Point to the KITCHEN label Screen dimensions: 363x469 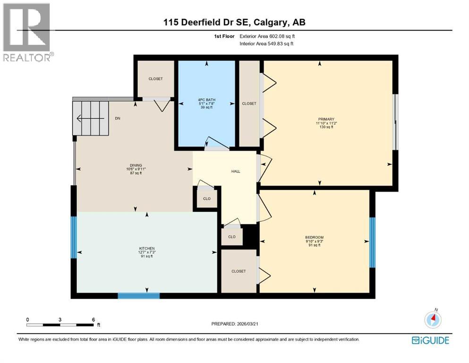146,251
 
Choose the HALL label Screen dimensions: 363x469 236,171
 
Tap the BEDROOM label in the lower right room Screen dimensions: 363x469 314,241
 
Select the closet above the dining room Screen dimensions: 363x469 155,79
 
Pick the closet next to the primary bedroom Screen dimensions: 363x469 249,104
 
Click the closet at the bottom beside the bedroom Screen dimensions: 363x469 239,271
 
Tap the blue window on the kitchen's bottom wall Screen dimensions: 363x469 138,296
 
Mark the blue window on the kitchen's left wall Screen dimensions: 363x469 73,237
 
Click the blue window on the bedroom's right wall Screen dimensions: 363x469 372,241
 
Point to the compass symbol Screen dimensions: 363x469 433,320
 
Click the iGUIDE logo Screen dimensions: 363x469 430,340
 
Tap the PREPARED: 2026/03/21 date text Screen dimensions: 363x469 235,324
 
